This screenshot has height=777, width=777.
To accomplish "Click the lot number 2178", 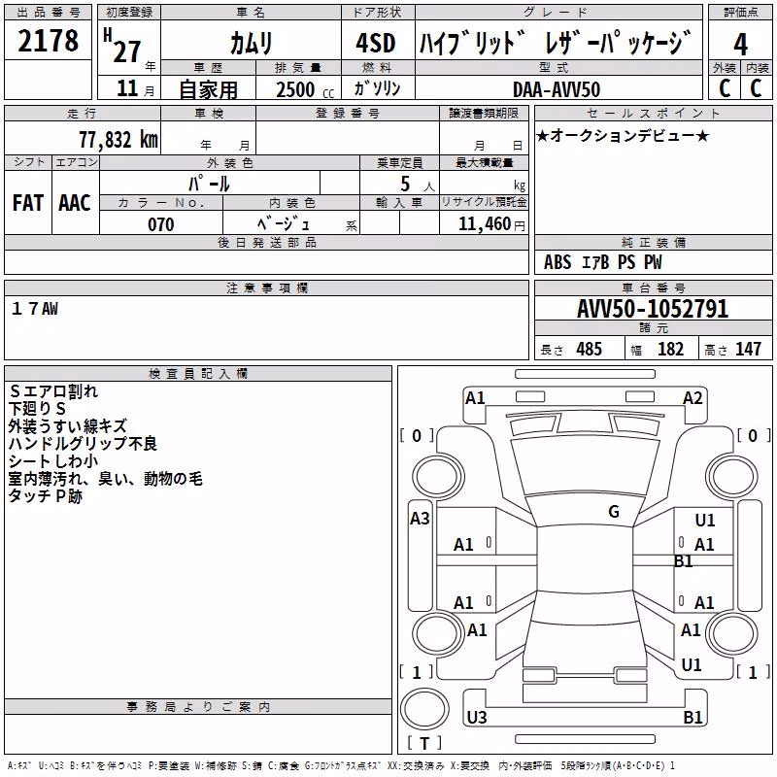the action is point(48,41).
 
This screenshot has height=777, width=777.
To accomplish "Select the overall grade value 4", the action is point(740,44).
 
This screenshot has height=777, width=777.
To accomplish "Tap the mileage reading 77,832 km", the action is point(118,140).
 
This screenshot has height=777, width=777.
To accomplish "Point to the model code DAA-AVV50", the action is point(557,89).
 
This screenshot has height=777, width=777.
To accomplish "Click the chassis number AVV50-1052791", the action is point(653,309).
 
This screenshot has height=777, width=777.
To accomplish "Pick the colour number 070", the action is point(161,224).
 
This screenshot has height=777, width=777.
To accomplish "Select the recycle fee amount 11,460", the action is point(485,224).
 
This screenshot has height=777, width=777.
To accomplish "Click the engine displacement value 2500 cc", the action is point(305,89).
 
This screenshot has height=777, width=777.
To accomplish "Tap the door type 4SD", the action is point(376,43).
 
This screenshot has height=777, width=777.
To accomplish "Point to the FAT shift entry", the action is point(28,203).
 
